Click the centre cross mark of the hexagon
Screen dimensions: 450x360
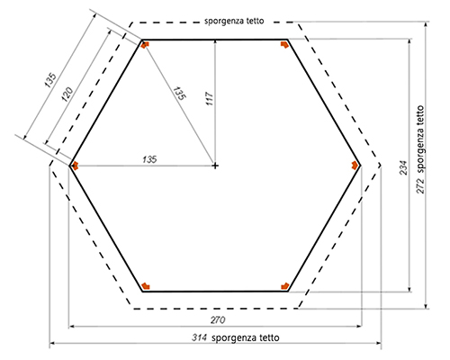pos(215,166)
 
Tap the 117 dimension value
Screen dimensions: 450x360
pos(210,99)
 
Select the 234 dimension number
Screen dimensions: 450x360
pos(404,168)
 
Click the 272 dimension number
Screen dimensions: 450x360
pos(420,186)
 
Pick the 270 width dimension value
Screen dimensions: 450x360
pos(218,320)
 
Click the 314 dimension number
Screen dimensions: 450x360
pos(199,337)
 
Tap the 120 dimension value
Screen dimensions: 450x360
pos(67,94)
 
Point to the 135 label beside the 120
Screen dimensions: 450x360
pos(50,80)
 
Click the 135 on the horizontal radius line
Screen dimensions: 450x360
pos(149,159)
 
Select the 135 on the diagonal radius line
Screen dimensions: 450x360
pos(180,94)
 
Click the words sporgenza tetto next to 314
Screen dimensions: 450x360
pos(246,338)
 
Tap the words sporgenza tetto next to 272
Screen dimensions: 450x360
pos(420,139)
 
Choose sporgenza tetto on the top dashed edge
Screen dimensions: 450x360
pos(234,21)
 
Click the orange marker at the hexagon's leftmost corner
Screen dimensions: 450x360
pos(75,166)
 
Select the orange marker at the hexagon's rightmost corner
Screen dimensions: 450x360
pos(355,166)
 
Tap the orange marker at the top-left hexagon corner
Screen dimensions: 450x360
pos(145,45)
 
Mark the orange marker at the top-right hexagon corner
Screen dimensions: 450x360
pos(284,45)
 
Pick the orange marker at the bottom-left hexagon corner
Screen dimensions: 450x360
pos(146,286)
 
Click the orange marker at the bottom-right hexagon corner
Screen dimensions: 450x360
pos(284,286)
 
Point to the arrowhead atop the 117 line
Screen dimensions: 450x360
pos(215,42)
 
